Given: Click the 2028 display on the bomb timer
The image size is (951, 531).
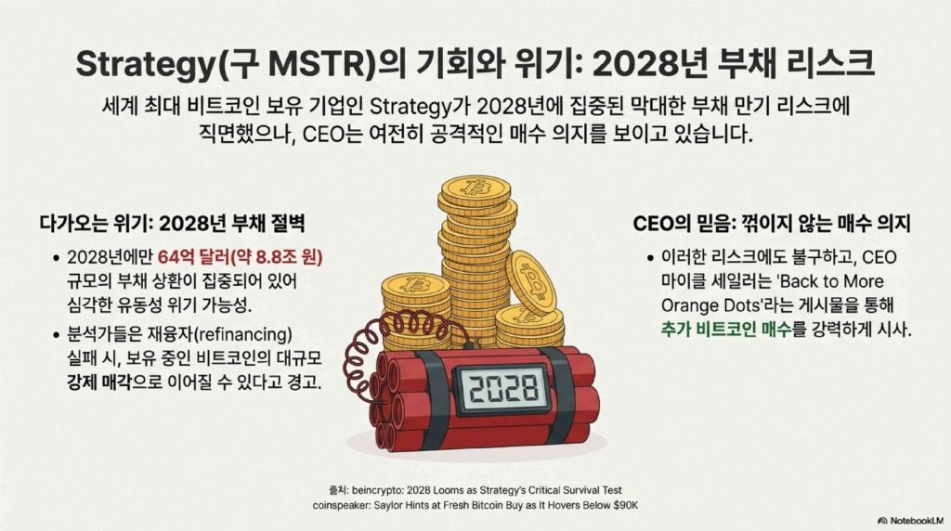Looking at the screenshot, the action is pos(503,388).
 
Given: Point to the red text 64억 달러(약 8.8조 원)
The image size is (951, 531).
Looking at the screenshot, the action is pos(241,258).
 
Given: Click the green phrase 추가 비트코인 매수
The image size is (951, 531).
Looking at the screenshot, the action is pos(726,330).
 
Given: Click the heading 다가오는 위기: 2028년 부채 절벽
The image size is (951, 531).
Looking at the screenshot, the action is pos(172,224).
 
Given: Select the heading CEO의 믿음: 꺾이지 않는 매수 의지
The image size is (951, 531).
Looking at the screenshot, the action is pos(772,224).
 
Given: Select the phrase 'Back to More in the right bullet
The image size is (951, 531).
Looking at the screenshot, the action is pos(829,281).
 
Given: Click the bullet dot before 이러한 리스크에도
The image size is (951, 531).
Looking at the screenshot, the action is pos(649,258).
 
